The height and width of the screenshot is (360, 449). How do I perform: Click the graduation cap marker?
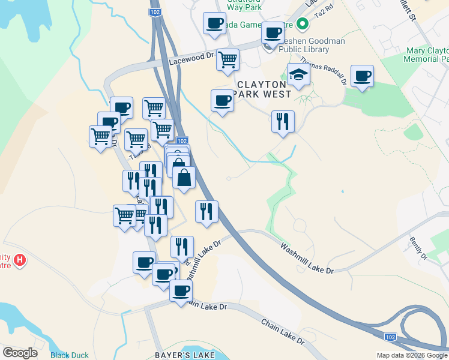[298, 75]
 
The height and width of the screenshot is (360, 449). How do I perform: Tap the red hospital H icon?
[20, 260]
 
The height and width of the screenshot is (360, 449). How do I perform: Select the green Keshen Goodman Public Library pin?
[303, 25]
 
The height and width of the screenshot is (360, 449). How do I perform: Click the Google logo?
[20, 353]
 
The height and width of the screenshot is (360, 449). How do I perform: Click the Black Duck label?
[70, 355]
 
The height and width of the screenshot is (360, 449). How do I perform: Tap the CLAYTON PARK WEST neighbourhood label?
[265, 89]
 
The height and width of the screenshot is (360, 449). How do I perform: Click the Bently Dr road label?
[418, 248]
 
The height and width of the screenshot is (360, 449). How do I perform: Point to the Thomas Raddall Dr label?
[323, 71]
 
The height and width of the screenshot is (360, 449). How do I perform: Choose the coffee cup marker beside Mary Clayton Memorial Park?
[362, 76]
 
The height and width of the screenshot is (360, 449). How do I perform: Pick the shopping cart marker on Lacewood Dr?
[228, 60]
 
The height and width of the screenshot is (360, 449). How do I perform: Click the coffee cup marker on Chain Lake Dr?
[181, 291]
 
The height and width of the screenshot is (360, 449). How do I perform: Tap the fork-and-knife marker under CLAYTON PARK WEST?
[283, 122]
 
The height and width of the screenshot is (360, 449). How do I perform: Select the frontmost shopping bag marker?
[184, 178]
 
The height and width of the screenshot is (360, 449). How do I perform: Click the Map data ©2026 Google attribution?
[412, 355]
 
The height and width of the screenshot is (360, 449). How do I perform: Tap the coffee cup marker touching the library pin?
[273, 33]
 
